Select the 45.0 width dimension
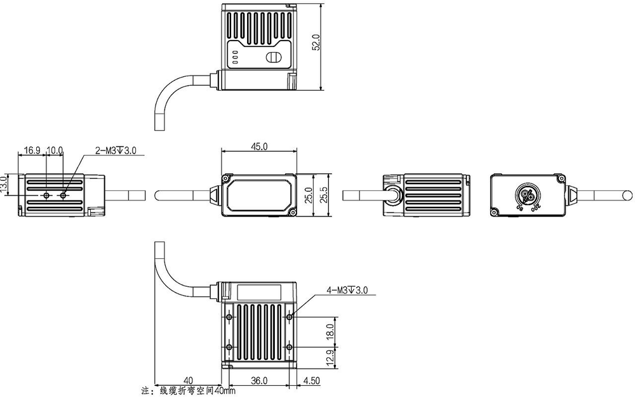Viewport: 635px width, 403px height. [259, 146]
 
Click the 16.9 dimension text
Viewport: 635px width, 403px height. [32, 150]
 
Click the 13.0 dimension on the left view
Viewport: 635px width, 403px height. [6, 185]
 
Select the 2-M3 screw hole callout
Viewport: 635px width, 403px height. [116, 150]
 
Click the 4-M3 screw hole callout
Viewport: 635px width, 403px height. [347, 291]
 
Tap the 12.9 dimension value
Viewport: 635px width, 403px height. [330, 357]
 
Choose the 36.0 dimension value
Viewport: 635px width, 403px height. [259, 381]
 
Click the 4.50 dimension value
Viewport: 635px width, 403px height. [312, 381]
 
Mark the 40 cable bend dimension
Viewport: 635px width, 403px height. [188, 381]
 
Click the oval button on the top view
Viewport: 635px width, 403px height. [272, 58]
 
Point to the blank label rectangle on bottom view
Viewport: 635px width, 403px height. [259, 293]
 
